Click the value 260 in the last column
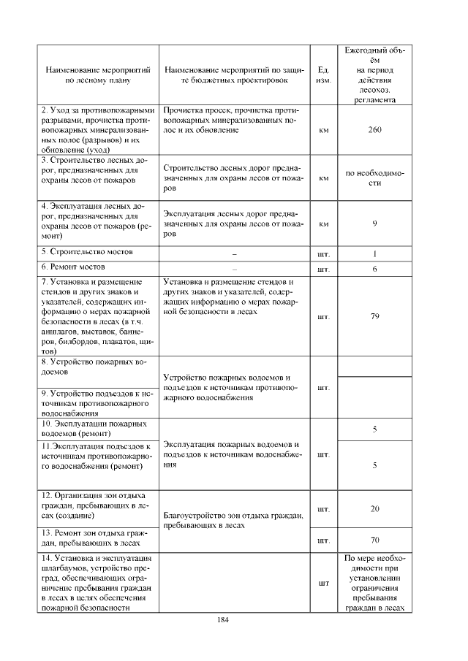374,130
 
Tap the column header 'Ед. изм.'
322,75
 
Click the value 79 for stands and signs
374,316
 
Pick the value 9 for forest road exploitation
374,223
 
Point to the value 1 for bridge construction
374,254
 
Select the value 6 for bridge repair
374,270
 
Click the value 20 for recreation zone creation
374,508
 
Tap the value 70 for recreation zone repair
374,541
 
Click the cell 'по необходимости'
374,177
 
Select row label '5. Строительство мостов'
87,252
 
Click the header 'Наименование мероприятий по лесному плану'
98,75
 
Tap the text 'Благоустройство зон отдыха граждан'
233,521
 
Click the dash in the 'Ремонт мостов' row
234,270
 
